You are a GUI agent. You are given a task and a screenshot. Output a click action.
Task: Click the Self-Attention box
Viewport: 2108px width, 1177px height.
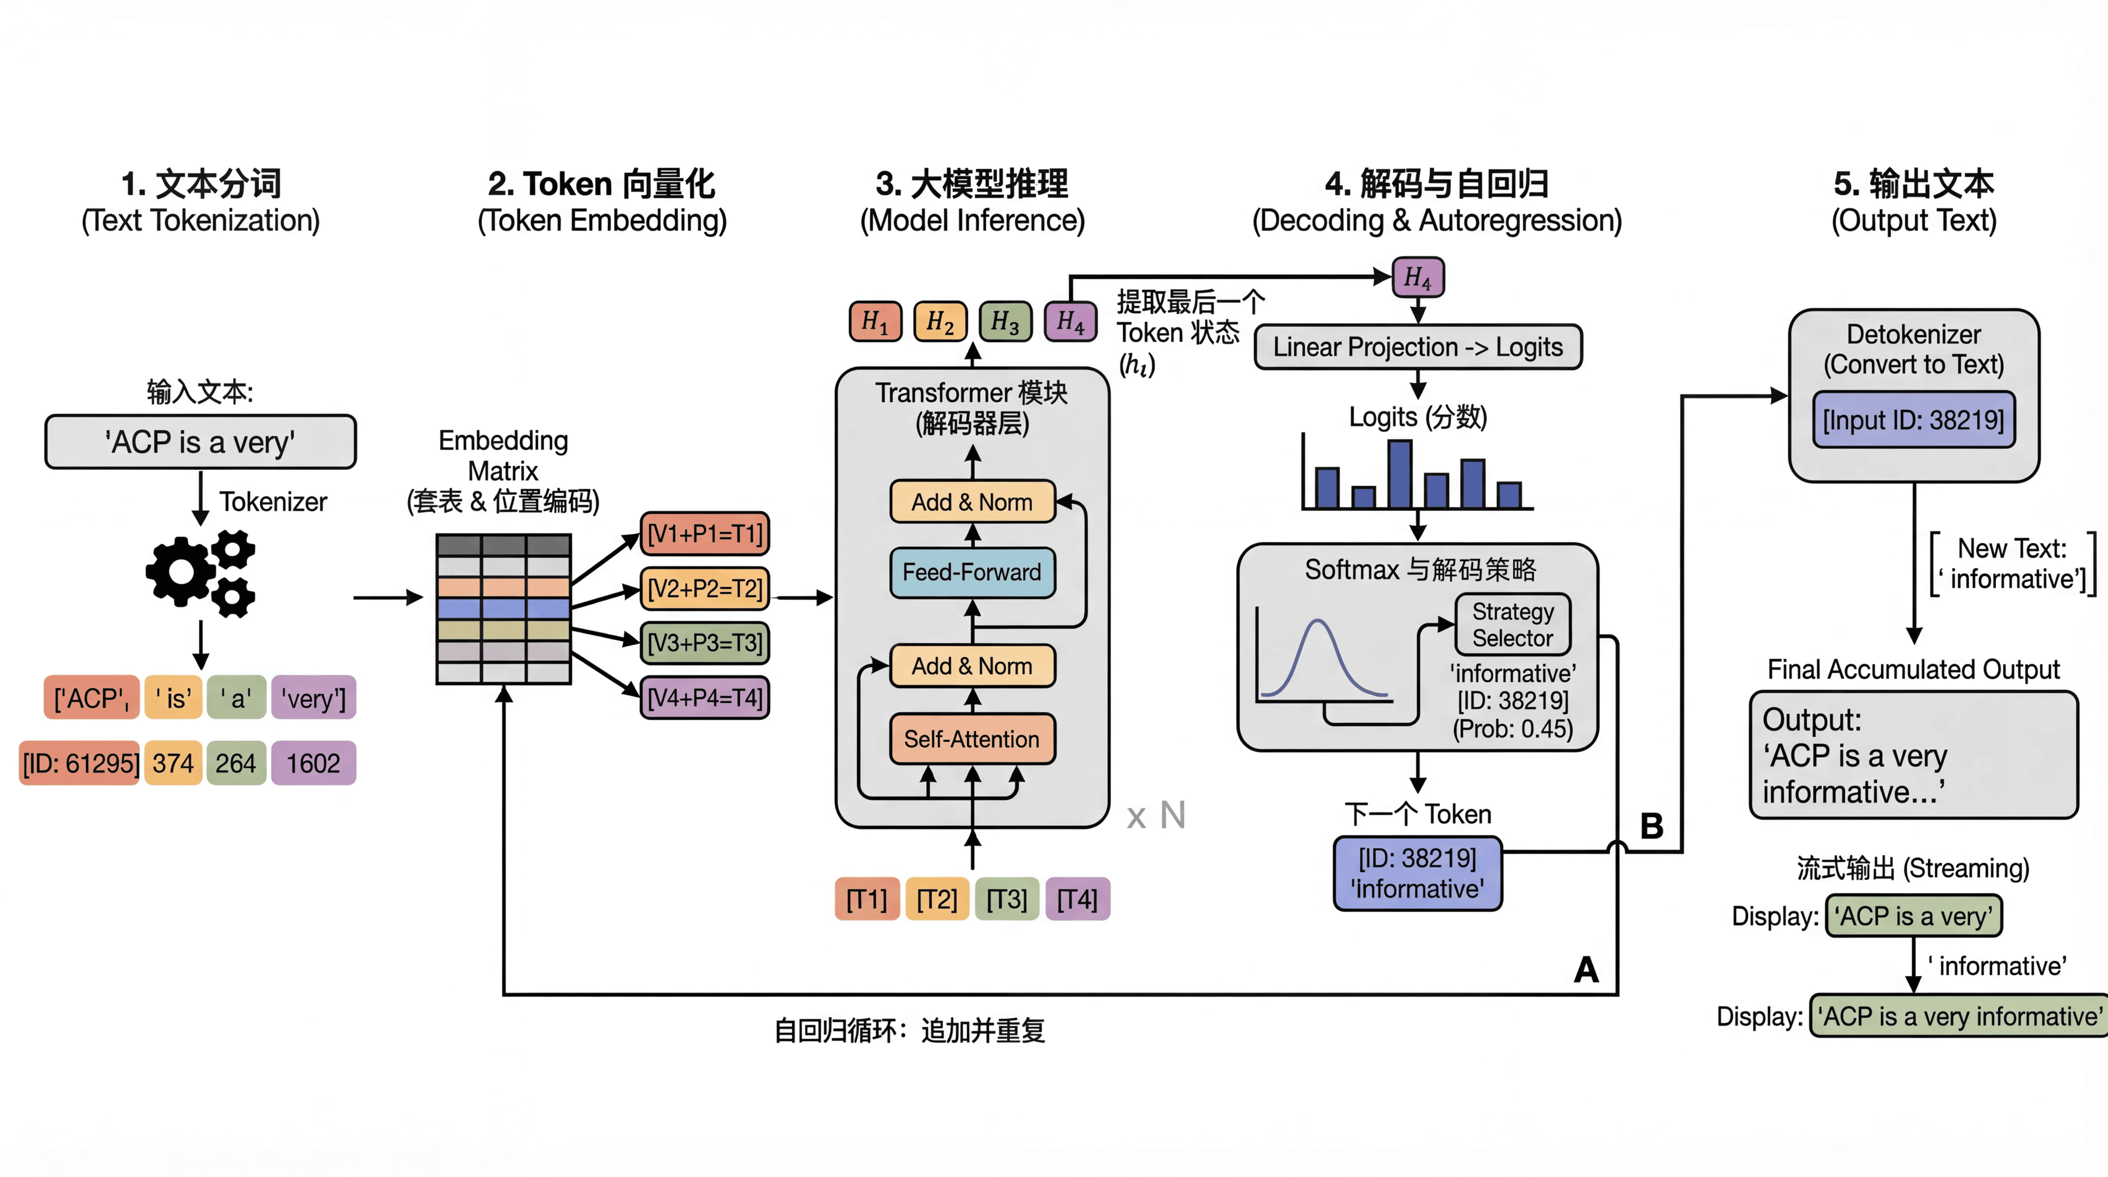[x=972, y=739]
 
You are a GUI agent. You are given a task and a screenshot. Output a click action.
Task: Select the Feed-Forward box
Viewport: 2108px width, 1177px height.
[x=972, y=572]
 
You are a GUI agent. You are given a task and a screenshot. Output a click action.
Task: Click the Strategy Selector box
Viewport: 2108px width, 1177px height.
[x=1512, y=625]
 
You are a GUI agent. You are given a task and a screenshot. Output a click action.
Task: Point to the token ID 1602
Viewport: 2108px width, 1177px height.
[x=313, y=763]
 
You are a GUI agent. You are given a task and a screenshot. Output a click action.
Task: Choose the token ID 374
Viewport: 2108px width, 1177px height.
[x=173, y=763]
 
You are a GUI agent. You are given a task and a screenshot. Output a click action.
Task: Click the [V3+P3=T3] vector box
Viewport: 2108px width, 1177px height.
[x=705, y=643]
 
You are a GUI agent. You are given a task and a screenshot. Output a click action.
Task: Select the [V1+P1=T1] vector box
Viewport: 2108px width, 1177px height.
[x=705, y=534]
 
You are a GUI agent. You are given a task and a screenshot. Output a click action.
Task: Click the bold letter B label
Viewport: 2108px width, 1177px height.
[x=1651, y=826]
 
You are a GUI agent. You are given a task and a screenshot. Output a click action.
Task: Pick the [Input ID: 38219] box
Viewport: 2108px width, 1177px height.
[x=1913, y=420]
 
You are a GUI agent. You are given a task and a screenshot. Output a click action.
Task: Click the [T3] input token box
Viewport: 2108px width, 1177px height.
[x=1007, y=899]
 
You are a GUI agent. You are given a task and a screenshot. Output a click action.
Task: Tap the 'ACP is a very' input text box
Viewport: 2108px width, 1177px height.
[x=200, y=442]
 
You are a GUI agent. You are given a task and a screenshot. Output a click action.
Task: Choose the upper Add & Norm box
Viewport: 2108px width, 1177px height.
[x=972, y=502]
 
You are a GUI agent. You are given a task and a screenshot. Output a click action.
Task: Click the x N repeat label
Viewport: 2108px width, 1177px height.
[x=1155, y=815]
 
